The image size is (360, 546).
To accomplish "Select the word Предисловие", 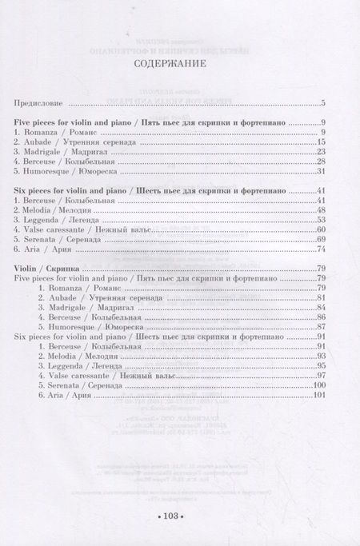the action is (40, 103).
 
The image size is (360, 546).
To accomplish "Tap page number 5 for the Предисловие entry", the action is (322, 103).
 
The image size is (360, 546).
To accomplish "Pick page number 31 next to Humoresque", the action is (319, 170).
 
